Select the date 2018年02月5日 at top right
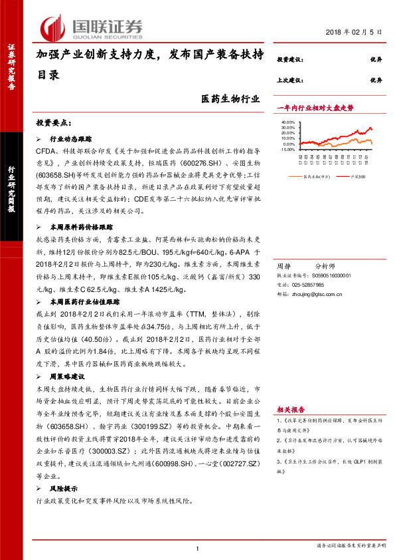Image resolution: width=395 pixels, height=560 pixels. (x=355, y=33)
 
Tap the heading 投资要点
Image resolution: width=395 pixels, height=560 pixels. (x=53, y=124)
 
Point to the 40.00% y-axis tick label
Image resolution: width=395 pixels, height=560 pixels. (x=286, y=122)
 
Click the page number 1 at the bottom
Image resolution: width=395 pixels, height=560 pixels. (x=198, y=547)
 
